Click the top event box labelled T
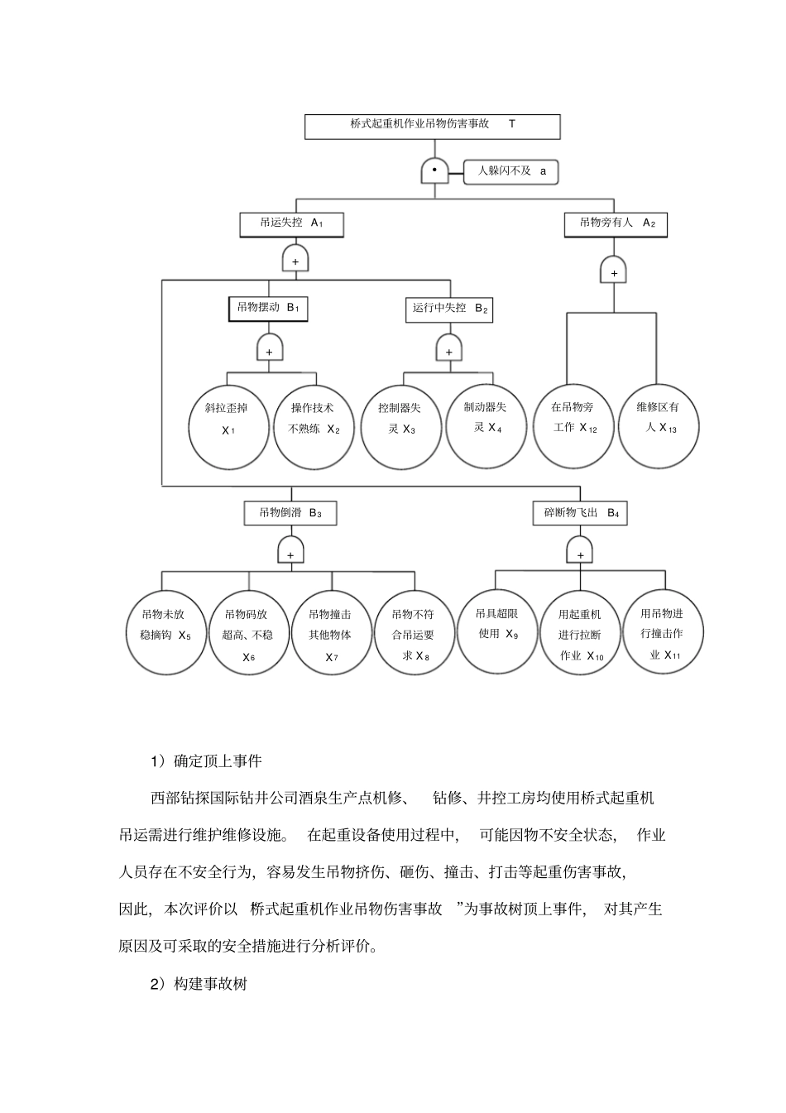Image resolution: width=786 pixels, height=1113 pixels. (432, 126)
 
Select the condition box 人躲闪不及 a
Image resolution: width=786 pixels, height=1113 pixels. (510, 171)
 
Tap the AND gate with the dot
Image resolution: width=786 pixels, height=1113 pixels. (434, 170)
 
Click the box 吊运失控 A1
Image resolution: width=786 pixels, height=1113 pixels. (290, 223)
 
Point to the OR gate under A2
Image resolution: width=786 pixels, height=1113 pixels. (614, 271)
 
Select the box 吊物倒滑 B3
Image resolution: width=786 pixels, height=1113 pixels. (290, 513)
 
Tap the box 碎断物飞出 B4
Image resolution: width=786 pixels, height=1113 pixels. (580, 513)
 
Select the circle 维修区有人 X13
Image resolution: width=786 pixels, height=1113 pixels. (659, 425)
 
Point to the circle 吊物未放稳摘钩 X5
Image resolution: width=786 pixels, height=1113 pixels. (165, 632)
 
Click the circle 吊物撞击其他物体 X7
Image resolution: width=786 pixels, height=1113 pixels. (330, 632)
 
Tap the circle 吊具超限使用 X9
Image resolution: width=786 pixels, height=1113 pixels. (497, 631)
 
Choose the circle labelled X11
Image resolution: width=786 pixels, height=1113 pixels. (663, 631)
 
